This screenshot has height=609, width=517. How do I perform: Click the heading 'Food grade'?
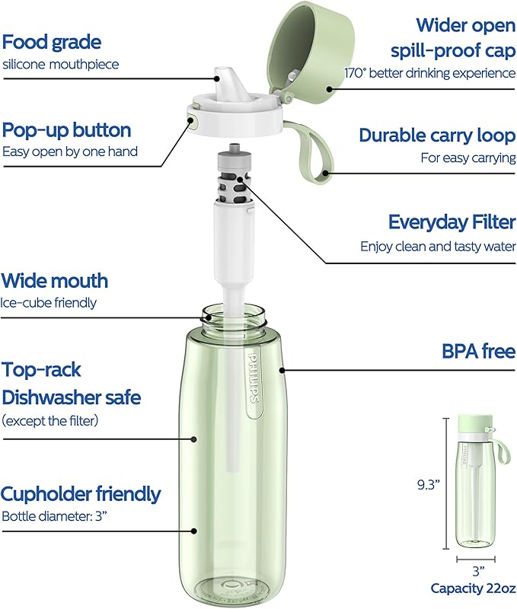(x=52, y=41)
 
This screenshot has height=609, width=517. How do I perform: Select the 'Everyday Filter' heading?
(x=452, y=222)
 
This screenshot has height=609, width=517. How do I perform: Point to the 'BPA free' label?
(x=479, y=351)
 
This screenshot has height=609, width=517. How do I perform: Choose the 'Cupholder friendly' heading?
(x=81, y=494)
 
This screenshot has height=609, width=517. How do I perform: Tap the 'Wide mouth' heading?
(x=55, y=281)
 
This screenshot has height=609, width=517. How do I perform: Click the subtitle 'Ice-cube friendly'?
(x=49, y=302)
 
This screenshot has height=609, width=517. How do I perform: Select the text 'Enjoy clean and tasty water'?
(x=438, y=246)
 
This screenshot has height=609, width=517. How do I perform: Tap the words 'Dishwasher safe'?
(x=71, y=397)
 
